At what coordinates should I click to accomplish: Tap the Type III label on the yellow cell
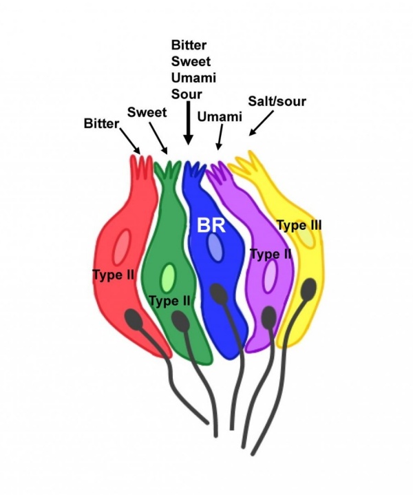pyautogui.click(x=299, y=224)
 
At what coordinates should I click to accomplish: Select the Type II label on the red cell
pyautogui.click(x=113, y=275)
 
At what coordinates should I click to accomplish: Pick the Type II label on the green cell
pyautogui.click(x=169, y=300)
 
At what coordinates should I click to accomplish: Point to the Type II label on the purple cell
pyautogui.click(x=271, y=255)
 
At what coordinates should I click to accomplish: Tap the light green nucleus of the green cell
pyautogui.click(x=167, y=277)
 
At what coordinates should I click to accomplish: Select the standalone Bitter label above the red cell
pyautogui.click(x=101, y=124)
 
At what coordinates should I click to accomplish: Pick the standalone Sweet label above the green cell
pyautogui.click(x=147, y=112)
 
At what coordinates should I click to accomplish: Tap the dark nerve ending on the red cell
pyautogui.click(x=134, y=319)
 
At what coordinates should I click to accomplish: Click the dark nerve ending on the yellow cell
pyautogui.click(x=308, y=287)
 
